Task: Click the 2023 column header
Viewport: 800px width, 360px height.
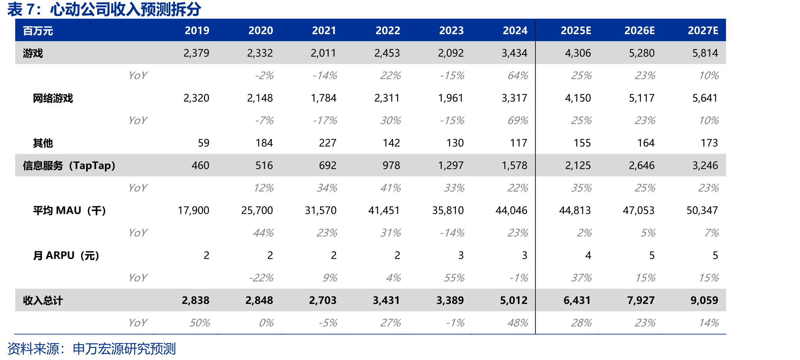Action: point(451,30)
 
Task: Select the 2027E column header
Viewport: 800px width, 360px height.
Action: point(703,30)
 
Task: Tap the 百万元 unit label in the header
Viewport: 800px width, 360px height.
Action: point(38,31)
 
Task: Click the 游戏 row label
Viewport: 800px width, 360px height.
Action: point(33,53)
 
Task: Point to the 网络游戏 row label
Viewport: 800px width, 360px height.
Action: point(53,98)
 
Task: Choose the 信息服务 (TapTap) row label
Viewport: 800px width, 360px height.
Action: point(69,166)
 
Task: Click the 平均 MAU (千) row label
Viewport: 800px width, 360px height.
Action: point(69,211)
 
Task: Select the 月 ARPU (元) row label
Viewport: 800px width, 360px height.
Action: point(66,256)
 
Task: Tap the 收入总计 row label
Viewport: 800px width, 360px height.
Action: point(43,301)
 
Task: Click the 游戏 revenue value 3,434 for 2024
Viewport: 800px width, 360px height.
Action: point(514,53)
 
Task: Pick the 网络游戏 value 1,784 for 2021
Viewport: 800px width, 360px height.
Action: point(324,98)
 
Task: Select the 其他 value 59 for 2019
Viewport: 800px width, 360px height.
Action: point(204,143)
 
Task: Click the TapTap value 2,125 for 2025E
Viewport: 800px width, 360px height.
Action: point(578,165)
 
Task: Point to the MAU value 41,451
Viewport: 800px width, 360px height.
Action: point(384,210)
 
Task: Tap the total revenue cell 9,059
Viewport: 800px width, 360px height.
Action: point(704,300)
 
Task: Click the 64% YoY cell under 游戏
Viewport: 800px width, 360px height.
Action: point(518,75)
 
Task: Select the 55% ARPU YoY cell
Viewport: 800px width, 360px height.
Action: point(454,278)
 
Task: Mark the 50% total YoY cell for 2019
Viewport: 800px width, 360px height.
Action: point(199,323)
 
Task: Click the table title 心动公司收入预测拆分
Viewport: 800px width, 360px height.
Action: point(125,9)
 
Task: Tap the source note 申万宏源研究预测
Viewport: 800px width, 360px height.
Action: point(124,349)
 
